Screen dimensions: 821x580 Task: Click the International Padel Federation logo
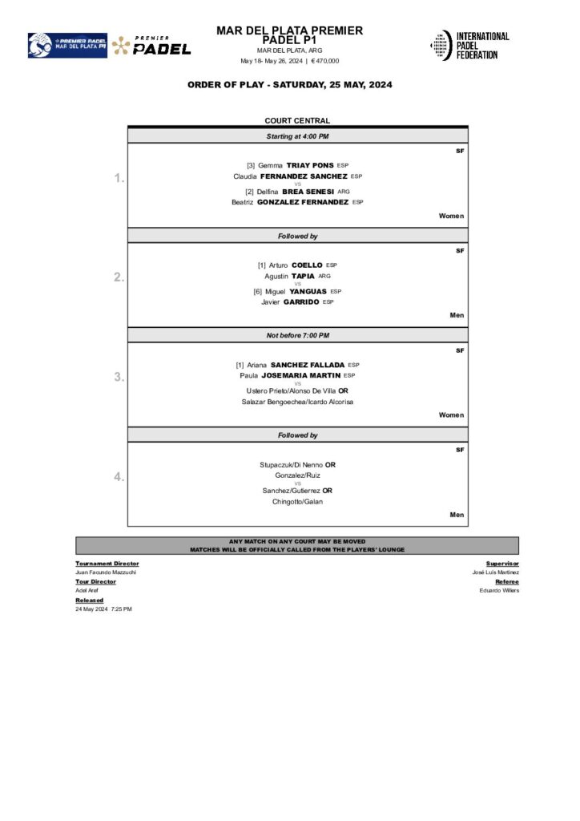point(470,45)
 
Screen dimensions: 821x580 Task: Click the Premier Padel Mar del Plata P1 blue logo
point(67,45)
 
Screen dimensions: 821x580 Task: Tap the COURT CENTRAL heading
point(297,121)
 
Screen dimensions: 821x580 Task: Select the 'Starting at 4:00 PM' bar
point(297,136)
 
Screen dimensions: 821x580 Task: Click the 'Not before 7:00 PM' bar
point(297,335)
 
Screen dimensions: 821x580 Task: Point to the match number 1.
point(119,178)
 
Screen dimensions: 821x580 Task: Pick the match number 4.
point(119,476)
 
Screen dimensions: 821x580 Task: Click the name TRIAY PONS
point(305,165)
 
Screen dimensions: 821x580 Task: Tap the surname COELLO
point(307,265)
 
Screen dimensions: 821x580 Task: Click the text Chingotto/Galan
point(297,502)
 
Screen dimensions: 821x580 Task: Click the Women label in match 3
point(451,415)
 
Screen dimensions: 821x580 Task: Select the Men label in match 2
point(457,316)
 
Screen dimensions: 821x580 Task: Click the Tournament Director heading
point(107,564)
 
